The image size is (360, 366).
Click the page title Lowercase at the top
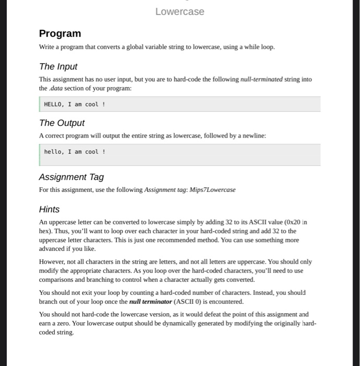point(179,12)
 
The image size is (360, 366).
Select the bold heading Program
point(60,33)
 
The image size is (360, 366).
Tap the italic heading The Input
point(58,66)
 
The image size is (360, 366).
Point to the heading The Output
point(62,123)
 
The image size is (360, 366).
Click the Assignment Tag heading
point(71,177)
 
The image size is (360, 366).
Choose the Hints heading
point(49,209)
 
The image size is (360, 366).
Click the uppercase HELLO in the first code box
point(53,105)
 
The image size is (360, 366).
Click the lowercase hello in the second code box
point(53,152)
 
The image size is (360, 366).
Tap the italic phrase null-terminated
point(261,79)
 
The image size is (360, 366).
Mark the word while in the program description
point(243,47)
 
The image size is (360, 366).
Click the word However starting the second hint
point(52,261)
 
